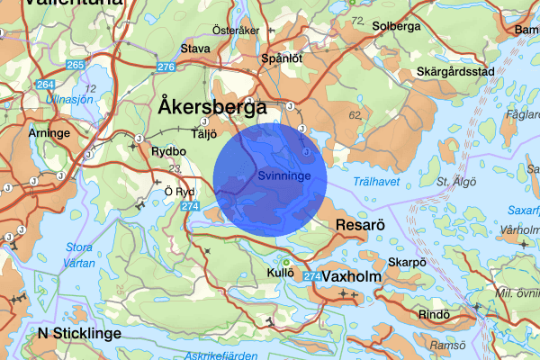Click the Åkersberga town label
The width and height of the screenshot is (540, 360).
click(x=211, y=105)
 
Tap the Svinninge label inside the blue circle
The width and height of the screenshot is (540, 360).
click(x=283, y=176)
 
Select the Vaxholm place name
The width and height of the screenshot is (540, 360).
click(x=351, y=277)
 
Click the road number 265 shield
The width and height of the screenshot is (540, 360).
click(x=75, y=66)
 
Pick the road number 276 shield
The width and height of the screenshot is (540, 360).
click(x=165, y=67)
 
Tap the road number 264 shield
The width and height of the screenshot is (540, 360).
click(x=46, y=84)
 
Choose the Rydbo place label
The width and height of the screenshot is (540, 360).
click(x=169, y=151)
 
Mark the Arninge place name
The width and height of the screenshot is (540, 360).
click(x=49, y=132)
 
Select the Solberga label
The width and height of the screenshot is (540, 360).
click(x=396, y=26)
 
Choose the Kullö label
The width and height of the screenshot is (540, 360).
click(x=282, y=272)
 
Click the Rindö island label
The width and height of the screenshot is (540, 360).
click(x=434, y=314)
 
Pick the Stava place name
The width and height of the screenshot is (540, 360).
click(x=195, y=49)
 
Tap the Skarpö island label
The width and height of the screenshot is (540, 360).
click(x=406, y=263)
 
